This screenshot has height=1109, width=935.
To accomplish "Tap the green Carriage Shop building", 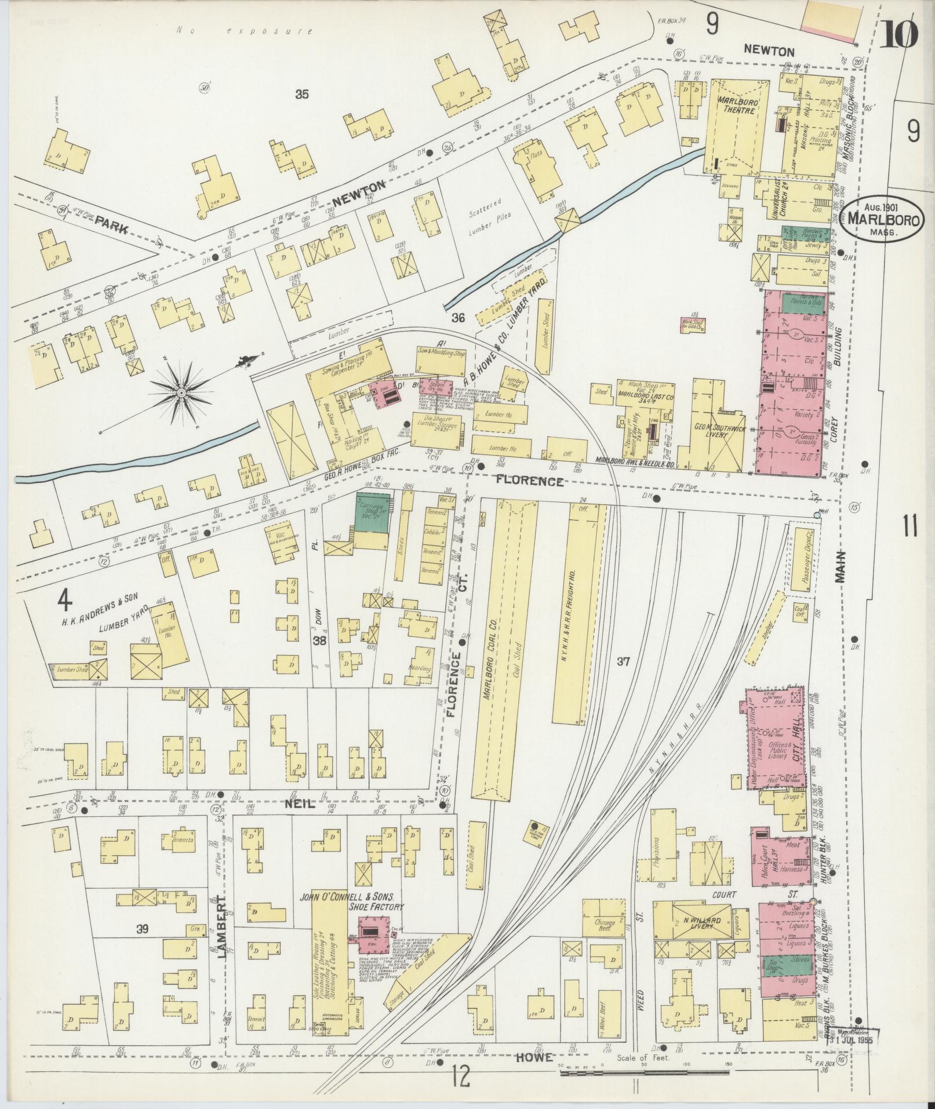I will [x=373, y=509].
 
